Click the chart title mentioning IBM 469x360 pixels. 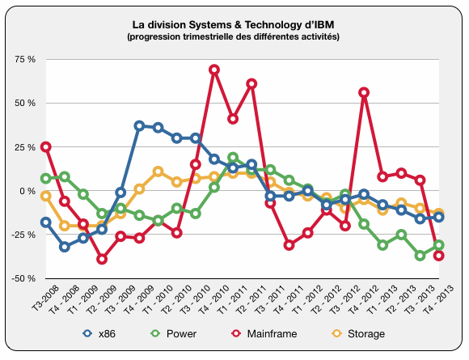coord(233,24)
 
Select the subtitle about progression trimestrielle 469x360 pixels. coord(234,36)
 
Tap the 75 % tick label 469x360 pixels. coord(25,59)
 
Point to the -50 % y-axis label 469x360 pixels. coord(23,278)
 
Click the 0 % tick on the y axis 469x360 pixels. coord(27,191)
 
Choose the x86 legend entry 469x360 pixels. coord(99,333)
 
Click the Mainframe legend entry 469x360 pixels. coord(264,333)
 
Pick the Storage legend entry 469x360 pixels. coord(359,333)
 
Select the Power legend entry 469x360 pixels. coord(174,333)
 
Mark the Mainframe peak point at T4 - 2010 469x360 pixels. coord(214,70)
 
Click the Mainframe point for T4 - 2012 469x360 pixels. coord(364,92)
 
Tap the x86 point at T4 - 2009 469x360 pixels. coord(139,126)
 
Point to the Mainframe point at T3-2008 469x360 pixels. coord(46,147)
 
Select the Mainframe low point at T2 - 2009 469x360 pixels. coord(102,259)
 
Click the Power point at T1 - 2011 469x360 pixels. coord(233,158)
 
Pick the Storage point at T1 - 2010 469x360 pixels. coord(158,172)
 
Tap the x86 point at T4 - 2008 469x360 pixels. coord(65,247)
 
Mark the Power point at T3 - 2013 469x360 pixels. coord(420,256)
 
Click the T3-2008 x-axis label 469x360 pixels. coord(44,298)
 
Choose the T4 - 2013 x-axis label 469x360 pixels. coord(437,299)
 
